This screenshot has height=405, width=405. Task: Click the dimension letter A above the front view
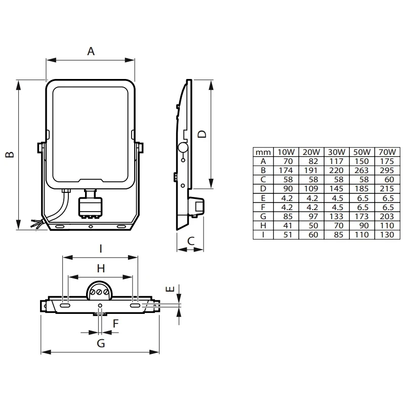pos(91,51)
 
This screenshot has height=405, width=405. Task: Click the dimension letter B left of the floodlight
pos(9,154)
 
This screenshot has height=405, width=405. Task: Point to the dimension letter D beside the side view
pos(202,134)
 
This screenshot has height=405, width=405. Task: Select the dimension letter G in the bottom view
pos(101,344)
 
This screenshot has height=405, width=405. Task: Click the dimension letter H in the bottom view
pos(100,268)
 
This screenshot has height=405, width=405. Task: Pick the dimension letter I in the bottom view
pos(100,248)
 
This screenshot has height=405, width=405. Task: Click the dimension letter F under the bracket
pos(115,322)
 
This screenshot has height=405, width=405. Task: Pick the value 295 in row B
pos(386,170)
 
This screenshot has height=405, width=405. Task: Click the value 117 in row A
pos(336,161)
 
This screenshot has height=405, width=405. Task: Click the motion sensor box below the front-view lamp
pos(91,207)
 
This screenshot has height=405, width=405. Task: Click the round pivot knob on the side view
pos(183,148)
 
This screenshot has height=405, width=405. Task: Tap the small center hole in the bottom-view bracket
pos(100,305)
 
